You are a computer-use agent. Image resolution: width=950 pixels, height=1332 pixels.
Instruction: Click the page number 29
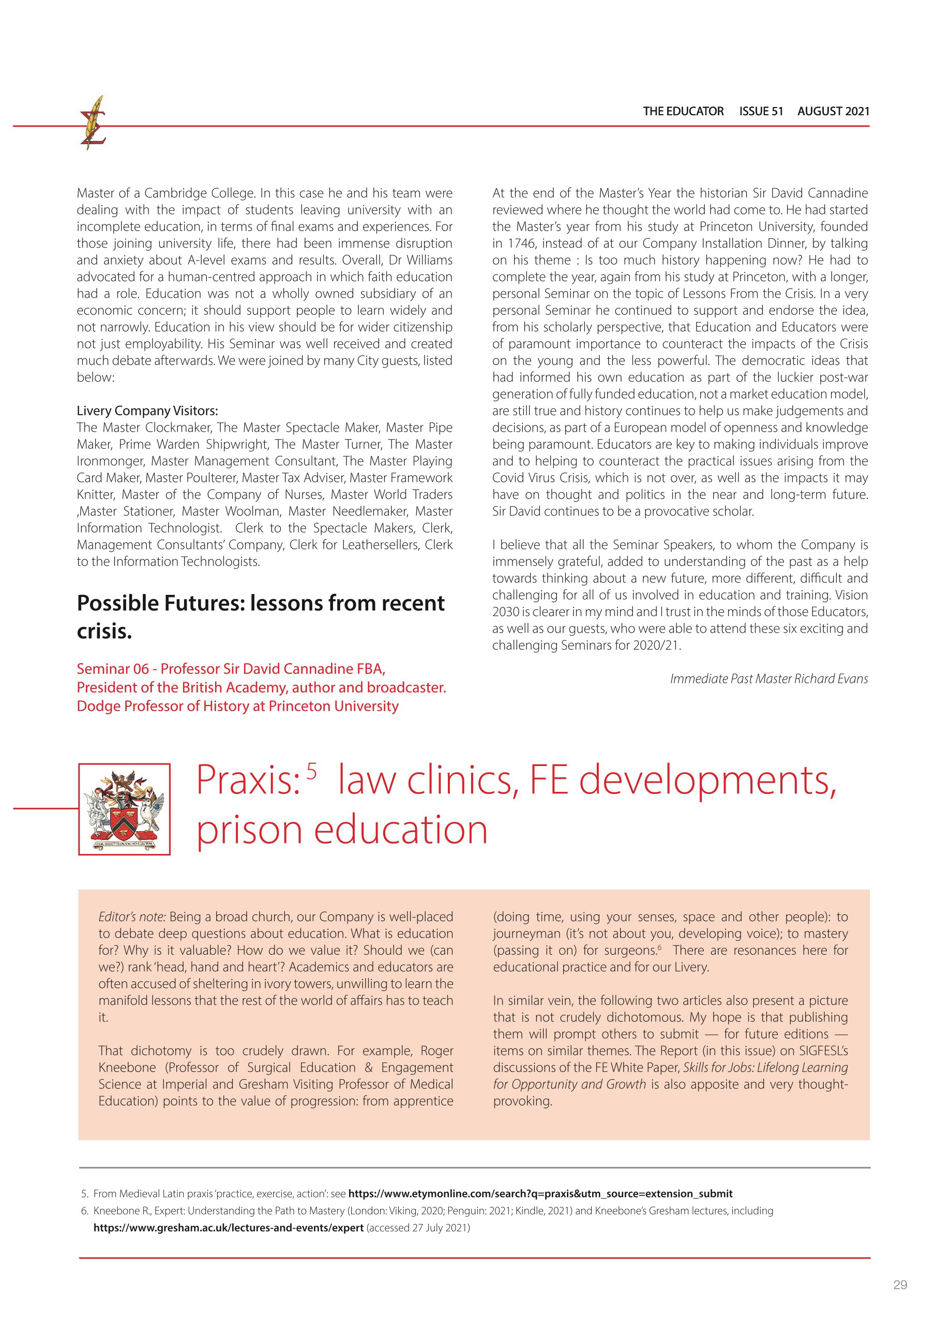900,1284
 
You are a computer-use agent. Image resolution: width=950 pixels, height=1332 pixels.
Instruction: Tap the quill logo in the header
93,123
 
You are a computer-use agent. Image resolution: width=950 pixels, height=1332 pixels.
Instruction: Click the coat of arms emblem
124,809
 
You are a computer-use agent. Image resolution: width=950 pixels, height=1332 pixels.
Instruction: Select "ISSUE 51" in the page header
761,111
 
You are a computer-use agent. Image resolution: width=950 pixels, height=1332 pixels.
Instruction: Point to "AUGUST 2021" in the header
833,111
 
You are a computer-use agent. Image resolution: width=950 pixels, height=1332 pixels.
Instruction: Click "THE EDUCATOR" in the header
683,111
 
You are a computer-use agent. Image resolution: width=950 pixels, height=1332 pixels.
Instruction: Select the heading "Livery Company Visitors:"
147,410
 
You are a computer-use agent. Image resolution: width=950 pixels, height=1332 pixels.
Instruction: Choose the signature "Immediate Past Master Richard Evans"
768,678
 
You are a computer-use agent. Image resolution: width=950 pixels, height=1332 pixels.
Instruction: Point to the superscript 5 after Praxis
311,771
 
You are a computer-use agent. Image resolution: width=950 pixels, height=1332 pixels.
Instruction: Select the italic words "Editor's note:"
132,916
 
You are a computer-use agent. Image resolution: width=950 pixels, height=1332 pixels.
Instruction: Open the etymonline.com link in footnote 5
540,1193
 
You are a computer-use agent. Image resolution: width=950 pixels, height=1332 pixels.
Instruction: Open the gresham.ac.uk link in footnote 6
228,1228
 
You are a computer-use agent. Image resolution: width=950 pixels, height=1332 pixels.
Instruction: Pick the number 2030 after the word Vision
505,611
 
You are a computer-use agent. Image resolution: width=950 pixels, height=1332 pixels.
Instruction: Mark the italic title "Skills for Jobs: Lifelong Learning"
765,1067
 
